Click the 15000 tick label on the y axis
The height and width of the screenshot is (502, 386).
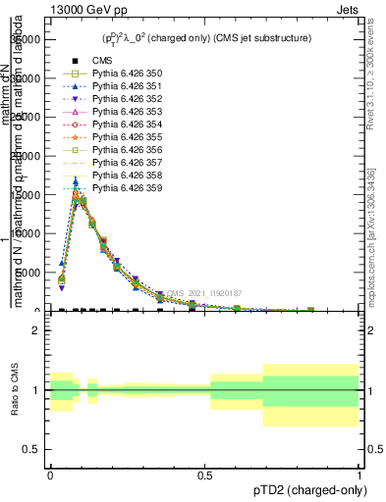28,195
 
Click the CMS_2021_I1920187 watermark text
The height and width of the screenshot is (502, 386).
203,293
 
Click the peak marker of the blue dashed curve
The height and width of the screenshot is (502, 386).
76,181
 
